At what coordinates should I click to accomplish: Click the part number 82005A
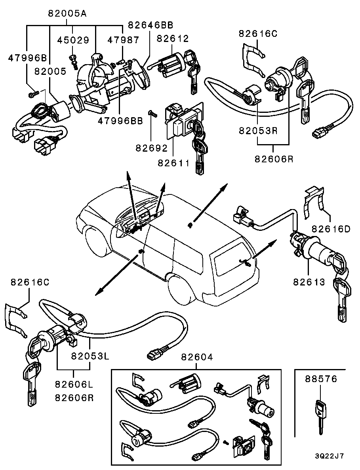click(x=67, y=13)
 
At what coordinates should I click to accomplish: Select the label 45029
click(x=73, y=40)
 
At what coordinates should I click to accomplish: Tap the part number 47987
click(x=123, y=40)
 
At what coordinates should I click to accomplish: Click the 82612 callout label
click(x=173, y=38)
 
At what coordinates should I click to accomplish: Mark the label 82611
click(x=174, y=163)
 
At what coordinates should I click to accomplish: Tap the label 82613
click(x=309, y=282)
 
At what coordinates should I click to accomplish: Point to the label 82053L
click(x=90, y=355)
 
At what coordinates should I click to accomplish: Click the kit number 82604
click(x=197, y=357)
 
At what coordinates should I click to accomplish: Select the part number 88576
click(x=321, y=379)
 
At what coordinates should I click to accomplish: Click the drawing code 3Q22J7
click(x=330, y=456)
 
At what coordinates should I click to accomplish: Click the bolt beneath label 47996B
click(x=33, y=94)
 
